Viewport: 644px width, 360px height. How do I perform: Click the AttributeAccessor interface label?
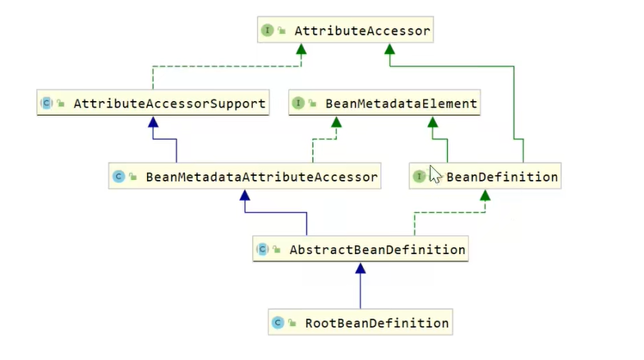(362, 31)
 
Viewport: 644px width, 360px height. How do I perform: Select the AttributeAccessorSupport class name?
(169, 104)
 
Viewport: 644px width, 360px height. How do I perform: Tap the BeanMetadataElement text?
(401, 104)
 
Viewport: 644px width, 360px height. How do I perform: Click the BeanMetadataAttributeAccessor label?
(261, 178)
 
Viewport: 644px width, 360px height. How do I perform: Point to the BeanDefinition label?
(502, 178)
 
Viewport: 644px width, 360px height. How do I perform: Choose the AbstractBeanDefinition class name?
(378, 250)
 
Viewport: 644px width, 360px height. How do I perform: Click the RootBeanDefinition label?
(377, 323)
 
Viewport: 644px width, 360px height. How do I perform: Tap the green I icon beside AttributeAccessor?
(268, 30)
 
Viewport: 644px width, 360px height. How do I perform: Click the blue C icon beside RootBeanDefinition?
(278, 322)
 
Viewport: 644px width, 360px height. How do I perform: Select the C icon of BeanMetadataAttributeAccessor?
(118, 176)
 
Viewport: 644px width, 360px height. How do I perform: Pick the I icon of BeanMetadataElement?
(298, 103)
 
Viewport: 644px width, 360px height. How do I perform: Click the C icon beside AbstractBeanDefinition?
(263, 249)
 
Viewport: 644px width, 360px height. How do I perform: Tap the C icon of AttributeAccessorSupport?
(46, 103)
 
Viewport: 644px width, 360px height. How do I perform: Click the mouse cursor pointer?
(435, 174)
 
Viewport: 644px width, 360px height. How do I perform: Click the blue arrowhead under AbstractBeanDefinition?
(361, 269)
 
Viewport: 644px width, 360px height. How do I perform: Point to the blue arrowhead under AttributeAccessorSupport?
(153, 122)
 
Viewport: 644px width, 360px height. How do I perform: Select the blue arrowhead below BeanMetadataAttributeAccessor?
(245, 196)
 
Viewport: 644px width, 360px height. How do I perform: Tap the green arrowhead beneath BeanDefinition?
(485, 196)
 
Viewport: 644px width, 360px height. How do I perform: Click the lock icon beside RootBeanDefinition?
(292, 323)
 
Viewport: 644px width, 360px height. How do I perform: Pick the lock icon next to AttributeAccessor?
(281, 30)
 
